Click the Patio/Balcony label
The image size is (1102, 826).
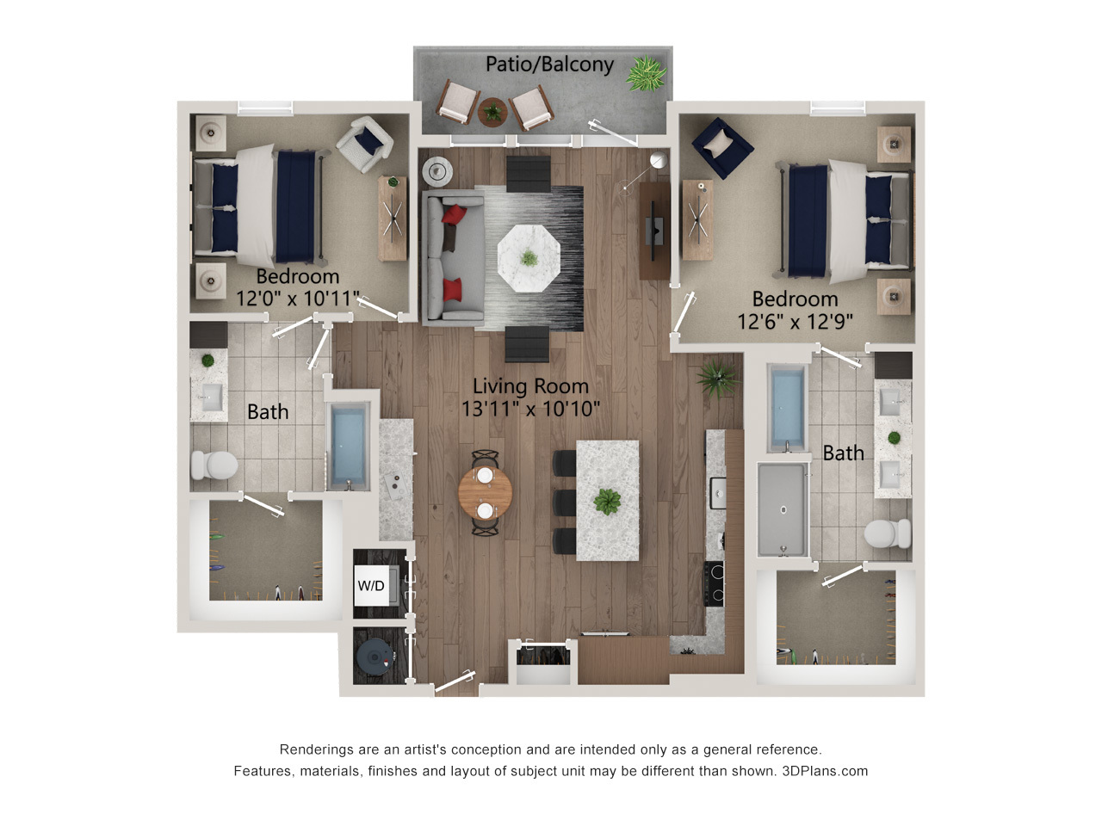point(549,65)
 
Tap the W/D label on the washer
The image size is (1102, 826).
point(370,585)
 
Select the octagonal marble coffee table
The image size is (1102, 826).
point(528,258)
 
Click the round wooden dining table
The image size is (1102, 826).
point(485,493)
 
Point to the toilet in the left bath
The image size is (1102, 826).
point(214,465)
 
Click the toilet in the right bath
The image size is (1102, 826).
point(887,533)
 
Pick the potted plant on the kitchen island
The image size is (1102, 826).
point(607,501)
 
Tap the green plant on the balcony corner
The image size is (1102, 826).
point(647,74)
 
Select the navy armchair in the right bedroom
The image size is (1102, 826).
point(722,147)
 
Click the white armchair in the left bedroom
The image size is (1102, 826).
point(365,145)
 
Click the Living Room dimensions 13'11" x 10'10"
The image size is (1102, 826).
point(530,409)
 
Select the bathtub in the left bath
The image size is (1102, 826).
point(348,447)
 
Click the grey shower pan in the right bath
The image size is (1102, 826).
point(783,509)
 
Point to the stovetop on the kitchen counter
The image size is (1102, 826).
point(715,583)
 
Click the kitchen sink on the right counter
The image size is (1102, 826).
point(718,494)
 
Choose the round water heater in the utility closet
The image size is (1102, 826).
point(375,657)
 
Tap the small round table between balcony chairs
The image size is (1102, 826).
point(492,111)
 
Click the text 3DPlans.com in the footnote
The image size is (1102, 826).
point(825,771)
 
